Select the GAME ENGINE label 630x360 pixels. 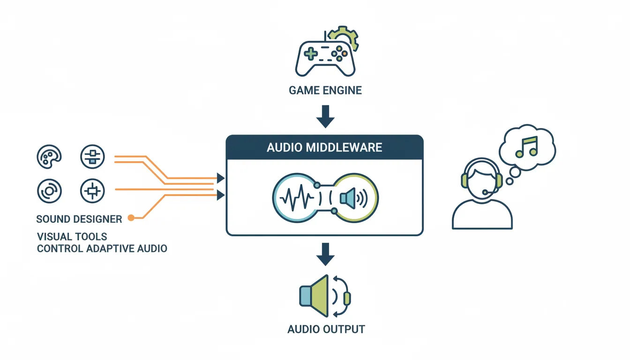tap(325, 90)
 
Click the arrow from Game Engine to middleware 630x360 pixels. tap(325, 117)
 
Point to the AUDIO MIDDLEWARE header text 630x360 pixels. tap(324, 148)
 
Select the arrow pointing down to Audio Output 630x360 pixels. tap(325, 255)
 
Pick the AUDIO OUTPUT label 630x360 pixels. tap(326, 329)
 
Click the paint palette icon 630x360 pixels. tap(49, 157)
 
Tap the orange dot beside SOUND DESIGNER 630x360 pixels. tap(131, 217)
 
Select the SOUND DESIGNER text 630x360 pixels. tap(79, 219)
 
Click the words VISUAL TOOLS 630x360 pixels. tap(72, 236)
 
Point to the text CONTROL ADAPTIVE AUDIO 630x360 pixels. tap(102, 248)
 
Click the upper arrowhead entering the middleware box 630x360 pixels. tap(220, 178)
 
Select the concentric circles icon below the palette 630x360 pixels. tap(49, 191)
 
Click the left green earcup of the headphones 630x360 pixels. tap(465, 180)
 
